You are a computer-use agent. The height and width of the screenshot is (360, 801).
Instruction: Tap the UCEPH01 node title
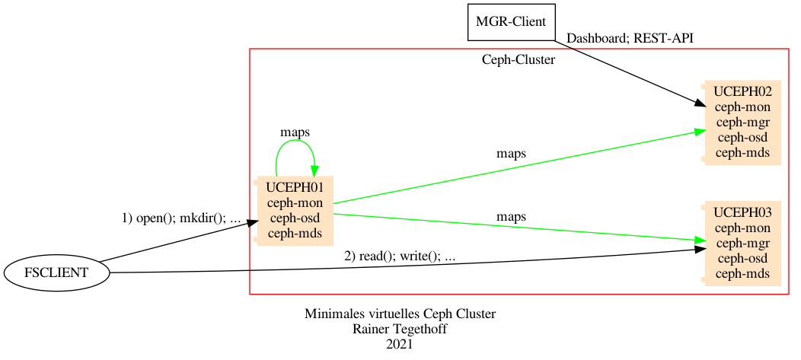(295, 187)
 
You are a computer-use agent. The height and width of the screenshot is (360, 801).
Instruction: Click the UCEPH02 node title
(742, 91)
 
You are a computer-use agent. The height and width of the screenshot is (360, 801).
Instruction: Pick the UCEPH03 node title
(742, 212)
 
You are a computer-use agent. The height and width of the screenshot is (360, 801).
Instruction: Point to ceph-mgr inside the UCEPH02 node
(742, 122)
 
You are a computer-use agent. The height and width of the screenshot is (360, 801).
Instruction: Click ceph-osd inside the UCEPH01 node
(295, 218)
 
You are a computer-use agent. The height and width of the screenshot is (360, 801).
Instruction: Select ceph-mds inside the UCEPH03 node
(742, 273)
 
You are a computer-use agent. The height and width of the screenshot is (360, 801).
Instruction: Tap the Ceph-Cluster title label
(518, 60)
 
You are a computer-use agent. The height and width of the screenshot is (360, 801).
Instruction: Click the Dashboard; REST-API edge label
(630, 38)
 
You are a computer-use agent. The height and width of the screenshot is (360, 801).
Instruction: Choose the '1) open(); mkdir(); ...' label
(181, 218)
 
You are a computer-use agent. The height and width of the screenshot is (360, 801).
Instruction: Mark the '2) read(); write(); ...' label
(400, 256)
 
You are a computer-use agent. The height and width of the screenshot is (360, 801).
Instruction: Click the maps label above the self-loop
(295, 132)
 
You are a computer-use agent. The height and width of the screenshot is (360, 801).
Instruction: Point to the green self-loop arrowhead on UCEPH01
(313, 172)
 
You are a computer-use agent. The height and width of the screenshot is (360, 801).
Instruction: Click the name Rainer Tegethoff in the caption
(400, 329)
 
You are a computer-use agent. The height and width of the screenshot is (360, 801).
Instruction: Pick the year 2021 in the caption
(400, 344)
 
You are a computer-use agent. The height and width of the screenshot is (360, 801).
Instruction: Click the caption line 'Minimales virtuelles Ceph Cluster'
(400, 314)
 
